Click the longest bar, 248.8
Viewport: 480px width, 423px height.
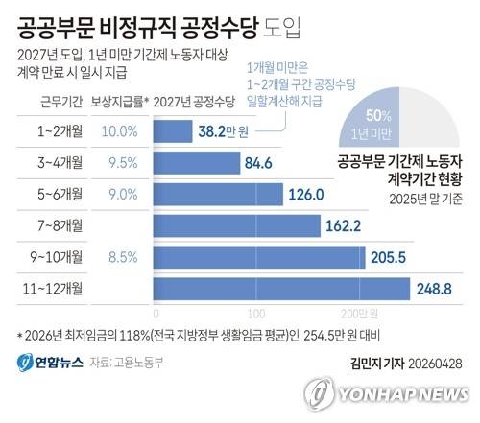click(x=279, y=289)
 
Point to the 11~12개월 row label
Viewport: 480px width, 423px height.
click(x=57, y=289)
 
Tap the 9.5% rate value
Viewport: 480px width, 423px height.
click(x=120, y=164)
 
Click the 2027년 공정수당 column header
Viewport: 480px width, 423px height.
click(x=195, y=99)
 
